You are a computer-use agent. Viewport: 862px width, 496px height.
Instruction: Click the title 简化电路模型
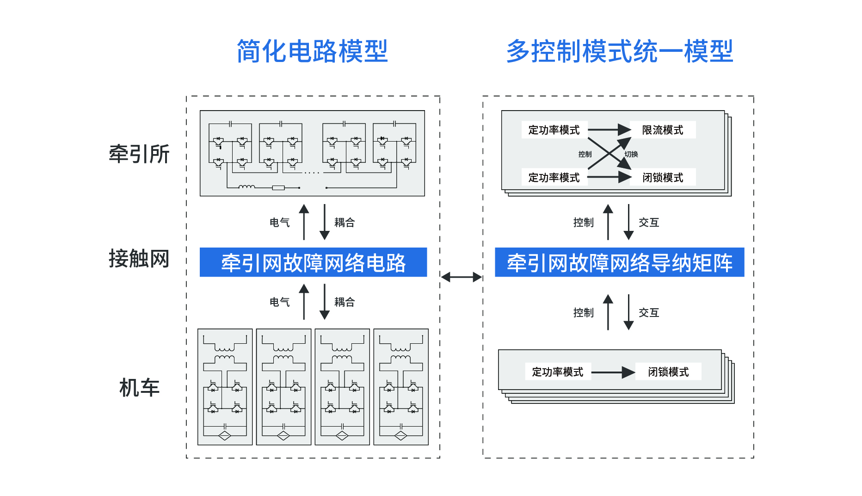(312, 51)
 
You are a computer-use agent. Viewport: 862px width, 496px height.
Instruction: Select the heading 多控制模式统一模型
(619, 51)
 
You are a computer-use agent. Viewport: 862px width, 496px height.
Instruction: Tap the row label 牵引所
(139, 154)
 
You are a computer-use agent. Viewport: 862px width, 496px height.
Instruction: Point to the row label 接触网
(139, 259)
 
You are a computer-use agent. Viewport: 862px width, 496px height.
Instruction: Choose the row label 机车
(139, 388)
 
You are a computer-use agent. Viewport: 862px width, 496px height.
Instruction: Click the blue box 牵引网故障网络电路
(313, 262)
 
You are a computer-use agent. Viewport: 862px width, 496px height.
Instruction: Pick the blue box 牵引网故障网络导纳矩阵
(619, 262)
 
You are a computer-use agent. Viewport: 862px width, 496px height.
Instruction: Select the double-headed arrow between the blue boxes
(461, 277)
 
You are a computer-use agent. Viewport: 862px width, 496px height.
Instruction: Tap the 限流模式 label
(662, 130)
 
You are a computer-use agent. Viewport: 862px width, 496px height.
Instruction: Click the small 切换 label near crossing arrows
(631, 154)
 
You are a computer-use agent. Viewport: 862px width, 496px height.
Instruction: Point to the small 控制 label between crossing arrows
(585, 154)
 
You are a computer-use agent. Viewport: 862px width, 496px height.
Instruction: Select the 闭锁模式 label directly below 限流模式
(662, 178)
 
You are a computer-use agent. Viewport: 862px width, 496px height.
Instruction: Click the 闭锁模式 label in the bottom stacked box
(668, 372)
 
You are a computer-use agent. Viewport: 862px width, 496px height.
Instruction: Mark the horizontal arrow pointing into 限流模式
(609, 130)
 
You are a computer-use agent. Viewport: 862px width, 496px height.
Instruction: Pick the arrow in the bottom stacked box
(613, 372)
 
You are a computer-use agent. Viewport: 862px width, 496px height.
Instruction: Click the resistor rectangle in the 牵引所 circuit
(278, 187)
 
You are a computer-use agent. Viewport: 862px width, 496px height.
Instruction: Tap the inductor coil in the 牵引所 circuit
(246, 186)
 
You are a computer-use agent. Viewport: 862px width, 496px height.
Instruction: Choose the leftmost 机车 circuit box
(225, 387)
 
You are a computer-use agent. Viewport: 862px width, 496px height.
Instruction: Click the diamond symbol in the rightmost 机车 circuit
(400, 435)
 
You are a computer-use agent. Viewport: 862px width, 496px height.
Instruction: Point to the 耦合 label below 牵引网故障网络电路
(345, 302)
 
